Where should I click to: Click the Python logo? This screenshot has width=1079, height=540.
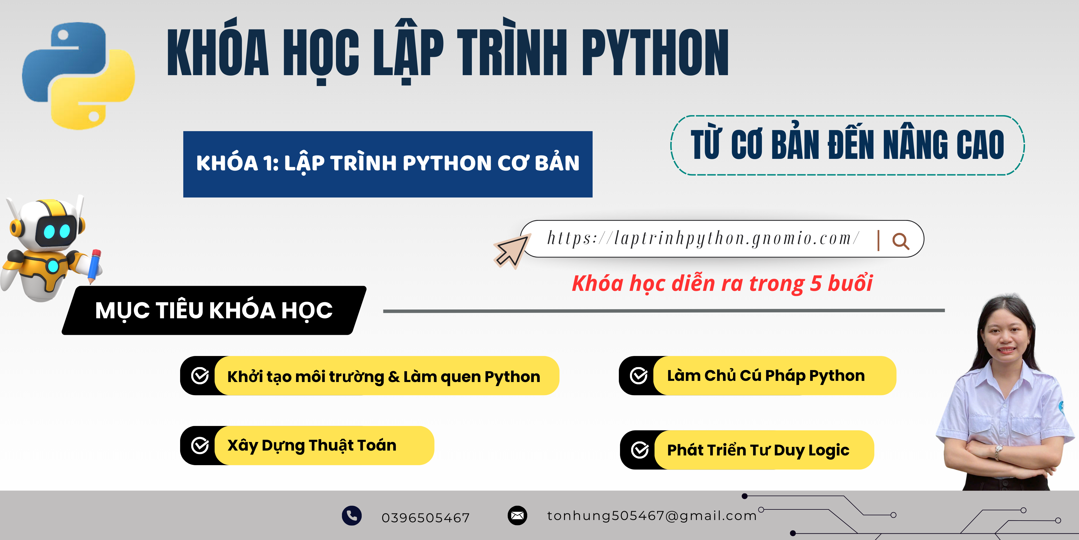[x=78, y=75]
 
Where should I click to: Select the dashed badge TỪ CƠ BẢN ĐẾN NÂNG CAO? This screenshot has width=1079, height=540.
[x=848, y=145]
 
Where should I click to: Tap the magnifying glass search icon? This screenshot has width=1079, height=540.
[x=901, y=241]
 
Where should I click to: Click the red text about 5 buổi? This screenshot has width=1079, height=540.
[x=722, y=283]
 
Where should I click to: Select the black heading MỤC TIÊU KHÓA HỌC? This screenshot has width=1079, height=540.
[x=214, y=310]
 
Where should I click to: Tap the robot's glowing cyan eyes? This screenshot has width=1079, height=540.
[x=57, y=231]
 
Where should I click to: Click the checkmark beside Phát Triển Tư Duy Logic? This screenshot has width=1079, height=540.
[x=640, y=450]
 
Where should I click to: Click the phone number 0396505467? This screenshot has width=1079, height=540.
[x=426, y=518]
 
